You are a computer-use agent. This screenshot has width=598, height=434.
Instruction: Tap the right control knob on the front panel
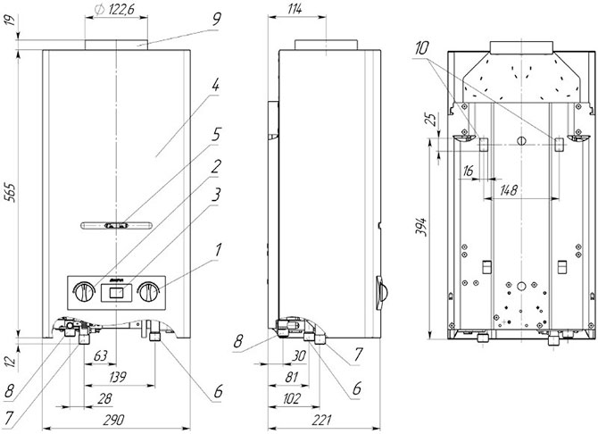point(148,291)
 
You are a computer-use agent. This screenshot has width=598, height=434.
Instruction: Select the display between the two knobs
point(116,292)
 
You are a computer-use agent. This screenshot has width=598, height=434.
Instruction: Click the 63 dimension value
point(100,356)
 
